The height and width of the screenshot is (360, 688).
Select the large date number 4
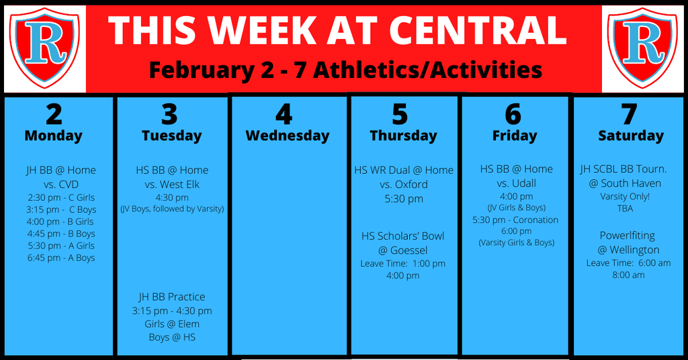tap(284, 115)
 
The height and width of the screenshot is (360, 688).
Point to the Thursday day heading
tap(403, 136)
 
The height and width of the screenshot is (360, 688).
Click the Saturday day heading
tap(631, 136)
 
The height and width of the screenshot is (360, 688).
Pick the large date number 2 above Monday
tap(54, 115)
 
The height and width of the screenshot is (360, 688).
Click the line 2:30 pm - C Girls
tap(61, 197)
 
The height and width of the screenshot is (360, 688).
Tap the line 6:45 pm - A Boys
tap(61, 258)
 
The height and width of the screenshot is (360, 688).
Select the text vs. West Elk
tap(172, 185)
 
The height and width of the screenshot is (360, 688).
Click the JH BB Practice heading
tap(172, 297)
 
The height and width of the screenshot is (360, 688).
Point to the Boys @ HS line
tap(172, 337)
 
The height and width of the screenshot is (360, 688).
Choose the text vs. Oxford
tap(404, 185)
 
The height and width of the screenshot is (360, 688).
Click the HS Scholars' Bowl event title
tap(403, 236)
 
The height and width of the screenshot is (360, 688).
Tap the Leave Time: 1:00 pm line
tap(403, 263)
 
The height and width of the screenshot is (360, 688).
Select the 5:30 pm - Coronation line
tap(515, 220)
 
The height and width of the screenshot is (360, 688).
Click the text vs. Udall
tap(517, 183)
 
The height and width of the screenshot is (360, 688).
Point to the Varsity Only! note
tap(625, 196)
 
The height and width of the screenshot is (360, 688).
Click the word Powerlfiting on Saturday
tap(628, 236)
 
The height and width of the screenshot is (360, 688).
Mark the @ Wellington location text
tap(628, 250)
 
